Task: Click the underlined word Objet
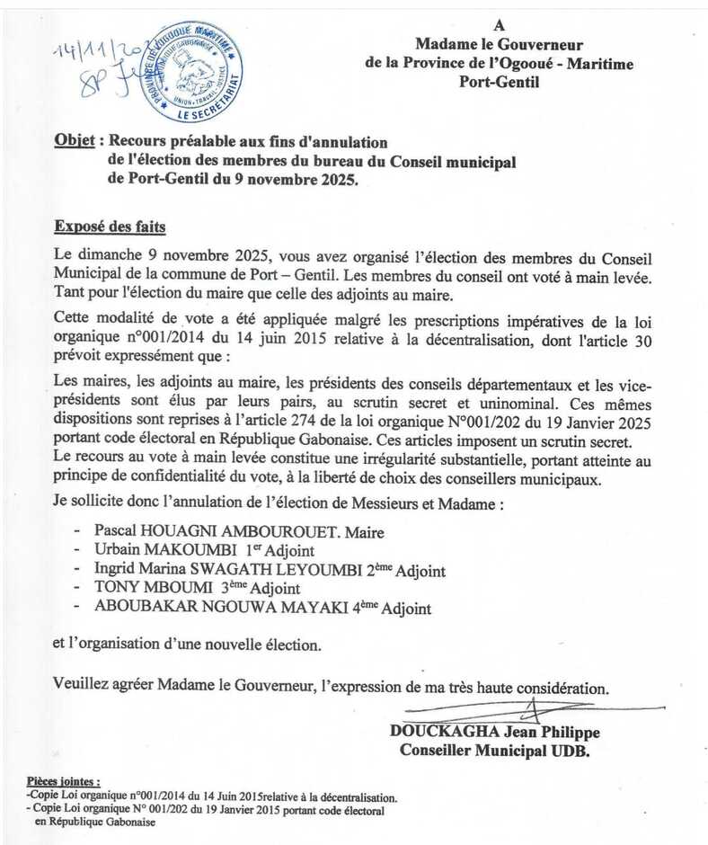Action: pos(75,142)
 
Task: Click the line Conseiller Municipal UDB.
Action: pos(494,750)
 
